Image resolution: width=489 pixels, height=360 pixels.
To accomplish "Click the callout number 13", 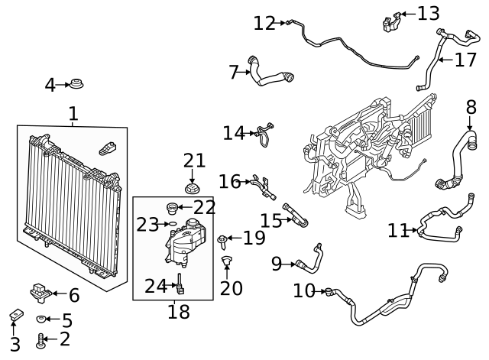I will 429,13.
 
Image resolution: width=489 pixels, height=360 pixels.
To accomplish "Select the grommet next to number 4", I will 76,83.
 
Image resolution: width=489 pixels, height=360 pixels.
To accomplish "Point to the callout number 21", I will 194,161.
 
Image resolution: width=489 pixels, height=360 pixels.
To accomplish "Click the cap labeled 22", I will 173,206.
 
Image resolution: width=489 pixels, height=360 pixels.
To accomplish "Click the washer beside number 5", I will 43,319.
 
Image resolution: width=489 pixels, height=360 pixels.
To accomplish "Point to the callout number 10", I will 304,290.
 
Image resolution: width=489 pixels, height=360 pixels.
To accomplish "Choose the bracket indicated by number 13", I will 392,21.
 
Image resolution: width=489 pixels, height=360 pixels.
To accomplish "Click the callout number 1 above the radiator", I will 73,115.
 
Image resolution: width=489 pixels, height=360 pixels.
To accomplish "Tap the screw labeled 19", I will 222,242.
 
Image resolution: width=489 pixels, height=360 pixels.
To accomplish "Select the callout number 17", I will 465,60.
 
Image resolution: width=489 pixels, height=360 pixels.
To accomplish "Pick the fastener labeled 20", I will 226,264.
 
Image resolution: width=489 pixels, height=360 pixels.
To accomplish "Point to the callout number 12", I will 264,24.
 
